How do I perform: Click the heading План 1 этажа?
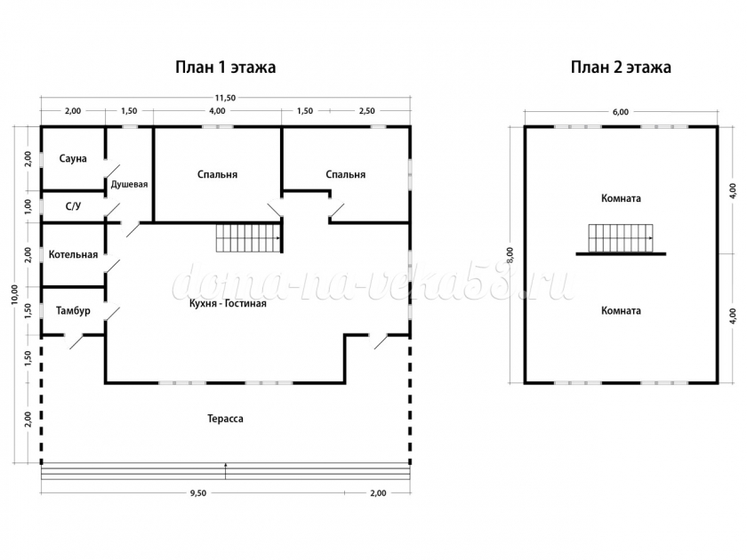pyautogui.click(x=225, y=68)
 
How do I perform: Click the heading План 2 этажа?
pyautogui.click(x=621, y=68)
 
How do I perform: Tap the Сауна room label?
pyautogui.click(x=73, y=158)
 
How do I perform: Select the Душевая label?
pyautogui.click(x=129, y=184)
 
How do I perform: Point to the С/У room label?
pyautogui.click(x=73, y=206)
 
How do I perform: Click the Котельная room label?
pyautogui.click(x=73, y=255)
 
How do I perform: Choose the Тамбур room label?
pyautogui.click(x=73, y=311)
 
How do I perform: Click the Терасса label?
pyautogui.click(x=225, y=419)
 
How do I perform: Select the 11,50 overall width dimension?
pyautogui.click(x=225, y=98)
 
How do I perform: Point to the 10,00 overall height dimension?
pyautogui.click(x=15, y=294)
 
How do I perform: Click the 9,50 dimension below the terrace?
pyautogui.click(x=198, y=493)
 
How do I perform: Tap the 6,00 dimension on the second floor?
pyautogui.click(x=621, y=112)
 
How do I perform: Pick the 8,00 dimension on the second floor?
pyautogui.click(x=510, y=255)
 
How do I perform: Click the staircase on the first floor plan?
pyautogui.click(x=248, y=238)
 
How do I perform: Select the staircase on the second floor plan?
pyautogui.click(x=621, y=238)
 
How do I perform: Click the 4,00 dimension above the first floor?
pyautogui.click(x=217, y=111)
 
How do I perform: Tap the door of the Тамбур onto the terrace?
pyautogui.click(x=75, y=341)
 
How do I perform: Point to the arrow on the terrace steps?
pyautogui.click(x=225, y=470)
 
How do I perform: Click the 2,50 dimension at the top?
pyautogui.click(x=366, y=111)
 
